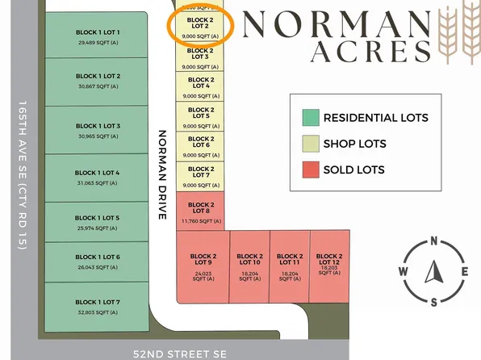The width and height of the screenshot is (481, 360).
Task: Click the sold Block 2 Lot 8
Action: (x=200, y=212)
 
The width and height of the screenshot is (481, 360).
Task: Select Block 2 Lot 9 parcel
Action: (x=201, y=265)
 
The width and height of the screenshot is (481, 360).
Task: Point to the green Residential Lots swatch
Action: (x=310, y=118)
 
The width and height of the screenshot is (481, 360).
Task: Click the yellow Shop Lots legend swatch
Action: (x=310, y=144)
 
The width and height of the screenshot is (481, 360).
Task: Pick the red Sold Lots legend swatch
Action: (x=310, y=170)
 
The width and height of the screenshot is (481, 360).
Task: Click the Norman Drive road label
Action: (x=162, y=174)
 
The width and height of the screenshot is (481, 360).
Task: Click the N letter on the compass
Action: (x=434, y=241)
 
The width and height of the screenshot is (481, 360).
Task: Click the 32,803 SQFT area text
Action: (x=98, y=312)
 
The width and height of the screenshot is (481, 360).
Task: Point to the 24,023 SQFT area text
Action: (x=201, y=274)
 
